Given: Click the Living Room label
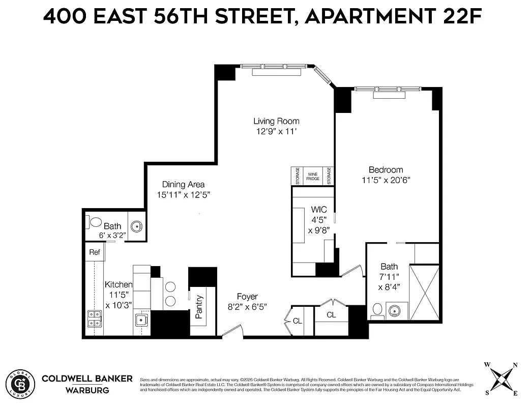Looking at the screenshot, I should pos(276,121).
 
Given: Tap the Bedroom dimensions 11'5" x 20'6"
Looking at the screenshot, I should pos(386,180).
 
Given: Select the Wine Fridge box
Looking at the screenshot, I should pos(312,177).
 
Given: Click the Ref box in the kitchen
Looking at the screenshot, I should pos(95,252).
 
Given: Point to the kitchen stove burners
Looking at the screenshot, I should pos(94,319).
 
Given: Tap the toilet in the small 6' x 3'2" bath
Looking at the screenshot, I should pos(95,223).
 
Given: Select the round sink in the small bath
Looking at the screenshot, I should pos(136,226).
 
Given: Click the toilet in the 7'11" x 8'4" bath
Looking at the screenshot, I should pos(377,310).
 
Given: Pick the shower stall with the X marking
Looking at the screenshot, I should pos(424,293).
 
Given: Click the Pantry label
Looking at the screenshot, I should pos(199,307).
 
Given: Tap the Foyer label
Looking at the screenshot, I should pos(247,297).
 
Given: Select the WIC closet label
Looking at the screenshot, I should pos(319,210).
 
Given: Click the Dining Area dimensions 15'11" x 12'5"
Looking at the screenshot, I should pos(183,194).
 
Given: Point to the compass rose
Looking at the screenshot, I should pos(500,379).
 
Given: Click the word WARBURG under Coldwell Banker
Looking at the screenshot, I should pos(87,391).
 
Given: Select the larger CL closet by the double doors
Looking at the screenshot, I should pos(331,315).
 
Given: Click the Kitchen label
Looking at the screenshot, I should pos(119,285).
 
